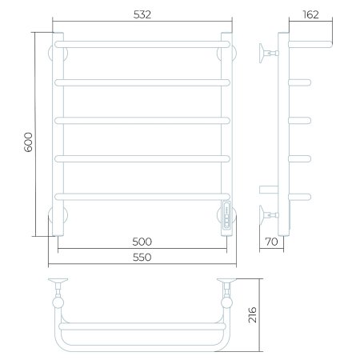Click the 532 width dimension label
[x=142, y=14]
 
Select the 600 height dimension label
[x=28, y=142]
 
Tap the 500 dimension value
[x=142, y=242]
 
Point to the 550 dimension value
[x=142, y=257]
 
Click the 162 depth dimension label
[x=311, y=14]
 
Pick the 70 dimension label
[x=272, y=242]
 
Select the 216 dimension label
[x=252, y=315]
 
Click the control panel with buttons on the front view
[x=226, y=215]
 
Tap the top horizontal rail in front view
[x=142, y=44]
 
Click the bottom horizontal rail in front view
[x=142, y=197]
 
